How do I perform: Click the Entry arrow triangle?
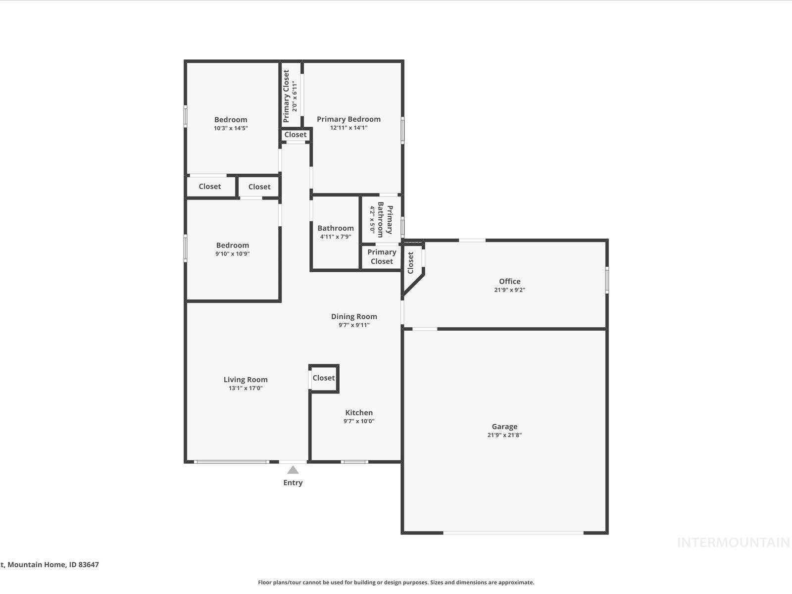click(293, 470)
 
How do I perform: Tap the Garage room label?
click(504, 426)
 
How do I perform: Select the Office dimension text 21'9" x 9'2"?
click(509, 290)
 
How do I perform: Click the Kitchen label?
click(359, 412)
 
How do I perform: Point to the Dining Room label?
click(354, 316)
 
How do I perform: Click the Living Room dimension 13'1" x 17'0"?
click(246, 388)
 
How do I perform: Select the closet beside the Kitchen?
click(324, 378)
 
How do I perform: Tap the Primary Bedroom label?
click(348, 119)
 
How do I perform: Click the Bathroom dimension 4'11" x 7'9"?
click(336, 237)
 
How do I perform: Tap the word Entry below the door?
click(293, 483)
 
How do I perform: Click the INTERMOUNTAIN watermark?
click(733, 543)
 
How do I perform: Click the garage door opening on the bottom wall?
click(513, 533)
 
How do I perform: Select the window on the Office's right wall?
click(607, 280)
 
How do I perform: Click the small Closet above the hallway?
click(296, 135)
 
